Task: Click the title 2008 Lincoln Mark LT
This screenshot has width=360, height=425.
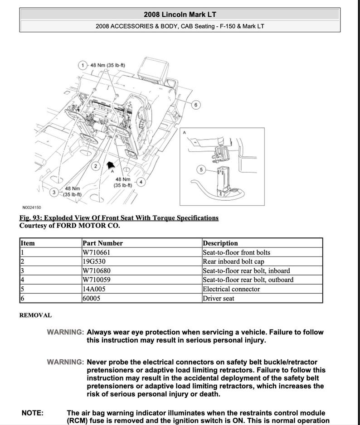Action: (180, 14)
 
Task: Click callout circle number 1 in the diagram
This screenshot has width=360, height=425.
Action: (83, 65)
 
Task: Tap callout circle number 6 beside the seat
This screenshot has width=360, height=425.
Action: (196, 105)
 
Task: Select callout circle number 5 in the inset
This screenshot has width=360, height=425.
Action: (202, 169)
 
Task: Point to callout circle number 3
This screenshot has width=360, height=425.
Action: (54, 192)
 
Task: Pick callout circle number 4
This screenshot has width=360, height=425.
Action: (141, 182)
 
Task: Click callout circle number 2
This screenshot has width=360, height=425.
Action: (96, 166)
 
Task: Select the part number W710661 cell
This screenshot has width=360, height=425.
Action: (96, 252)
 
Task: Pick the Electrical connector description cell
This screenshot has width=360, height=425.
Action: (231, 289)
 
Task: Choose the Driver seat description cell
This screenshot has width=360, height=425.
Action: (219, 298)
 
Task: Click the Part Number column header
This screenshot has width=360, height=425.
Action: (102, 243)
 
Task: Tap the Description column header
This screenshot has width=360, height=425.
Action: (220, 243)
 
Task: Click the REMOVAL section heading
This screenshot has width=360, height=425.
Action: (35, 315)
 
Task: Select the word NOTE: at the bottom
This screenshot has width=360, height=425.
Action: (33, 413)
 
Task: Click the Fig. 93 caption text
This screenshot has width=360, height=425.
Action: (119, 218)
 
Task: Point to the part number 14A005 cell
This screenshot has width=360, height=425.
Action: (94, 289)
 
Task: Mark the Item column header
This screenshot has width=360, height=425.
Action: (28, 243)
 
